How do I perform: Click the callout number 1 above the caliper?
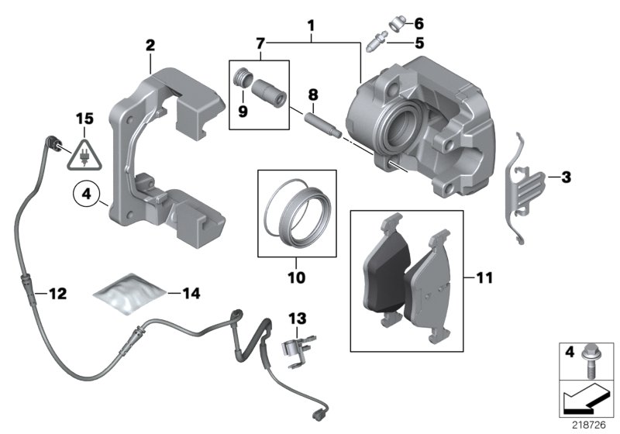tap(311, 26)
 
